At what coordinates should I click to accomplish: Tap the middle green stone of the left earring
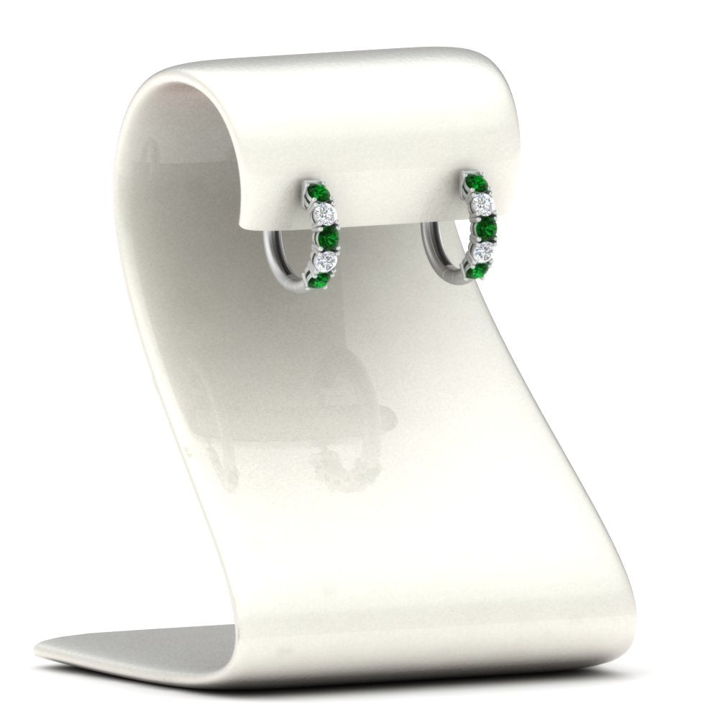[328, 236]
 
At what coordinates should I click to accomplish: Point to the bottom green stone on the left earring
[320, 279]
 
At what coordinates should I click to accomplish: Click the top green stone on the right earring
[475, 183]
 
